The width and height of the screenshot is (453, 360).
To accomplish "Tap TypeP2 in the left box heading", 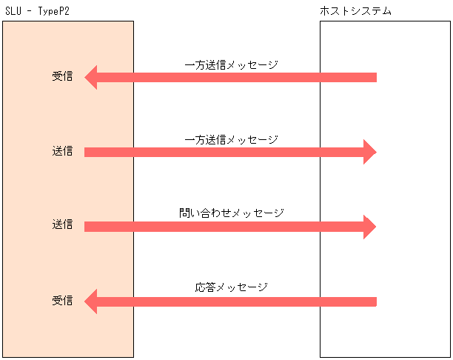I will [53, 11].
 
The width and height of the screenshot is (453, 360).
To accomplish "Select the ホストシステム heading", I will [356, 11].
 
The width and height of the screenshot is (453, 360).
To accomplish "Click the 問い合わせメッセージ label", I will [231, 213].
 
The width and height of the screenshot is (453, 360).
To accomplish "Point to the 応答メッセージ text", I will [231, 287].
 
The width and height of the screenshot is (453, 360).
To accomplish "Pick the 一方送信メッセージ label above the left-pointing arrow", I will [231, 64].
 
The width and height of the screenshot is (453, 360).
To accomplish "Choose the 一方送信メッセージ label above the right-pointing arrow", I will [231, 139].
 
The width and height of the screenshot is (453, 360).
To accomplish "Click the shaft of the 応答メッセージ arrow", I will [237, 301].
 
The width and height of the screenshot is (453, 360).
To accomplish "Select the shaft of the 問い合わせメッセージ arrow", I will [222, 227].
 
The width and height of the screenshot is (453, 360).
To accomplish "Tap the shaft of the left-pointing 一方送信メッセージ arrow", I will [237, 77].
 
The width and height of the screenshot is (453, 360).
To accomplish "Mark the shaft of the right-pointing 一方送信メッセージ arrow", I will [222, 152].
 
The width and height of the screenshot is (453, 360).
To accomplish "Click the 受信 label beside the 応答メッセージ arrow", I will [62, 301].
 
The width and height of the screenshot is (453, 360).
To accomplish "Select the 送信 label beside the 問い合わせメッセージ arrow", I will [62, 224].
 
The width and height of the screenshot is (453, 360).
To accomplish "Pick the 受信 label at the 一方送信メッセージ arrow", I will [62, 76].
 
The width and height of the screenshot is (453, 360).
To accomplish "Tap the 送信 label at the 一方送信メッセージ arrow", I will [62, 151].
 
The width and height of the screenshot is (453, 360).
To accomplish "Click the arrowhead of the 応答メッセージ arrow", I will [91, 301].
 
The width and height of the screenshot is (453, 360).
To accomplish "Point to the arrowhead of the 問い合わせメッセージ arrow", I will [369, 227].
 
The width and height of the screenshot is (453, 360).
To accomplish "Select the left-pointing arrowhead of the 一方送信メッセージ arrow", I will [91, 77].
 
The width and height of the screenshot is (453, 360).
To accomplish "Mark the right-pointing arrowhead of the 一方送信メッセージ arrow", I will [369, 152].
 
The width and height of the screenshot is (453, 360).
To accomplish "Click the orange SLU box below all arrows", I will [68, 337].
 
